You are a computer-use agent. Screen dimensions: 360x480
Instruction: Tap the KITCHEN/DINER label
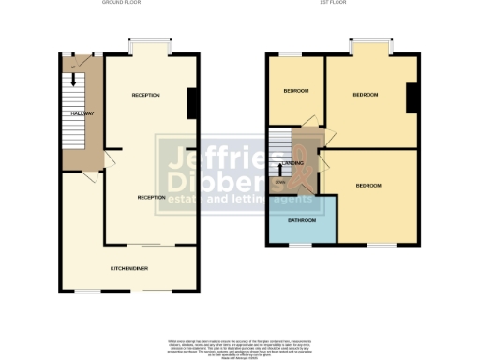coord(129,268)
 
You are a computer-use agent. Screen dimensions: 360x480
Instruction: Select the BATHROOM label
coord(302,221)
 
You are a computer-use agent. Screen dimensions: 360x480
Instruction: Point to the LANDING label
coord(305,163)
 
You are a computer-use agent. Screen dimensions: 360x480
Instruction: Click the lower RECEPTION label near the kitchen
coord(151,198)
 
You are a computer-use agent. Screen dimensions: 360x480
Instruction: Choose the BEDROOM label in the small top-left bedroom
coord(296,91)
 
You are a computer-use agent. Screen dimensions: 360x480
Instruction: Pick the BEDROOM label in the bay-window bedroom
coord(366,95)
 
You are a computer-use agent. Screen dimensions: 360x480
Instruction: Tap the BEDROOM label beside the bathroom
coord(368,186)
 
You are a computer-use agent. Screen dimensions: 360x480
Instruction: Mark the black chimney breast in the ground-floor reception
coord(192,103)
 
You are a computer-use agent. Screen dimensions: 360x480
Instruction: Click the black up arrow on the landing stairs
coord(282,170)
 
